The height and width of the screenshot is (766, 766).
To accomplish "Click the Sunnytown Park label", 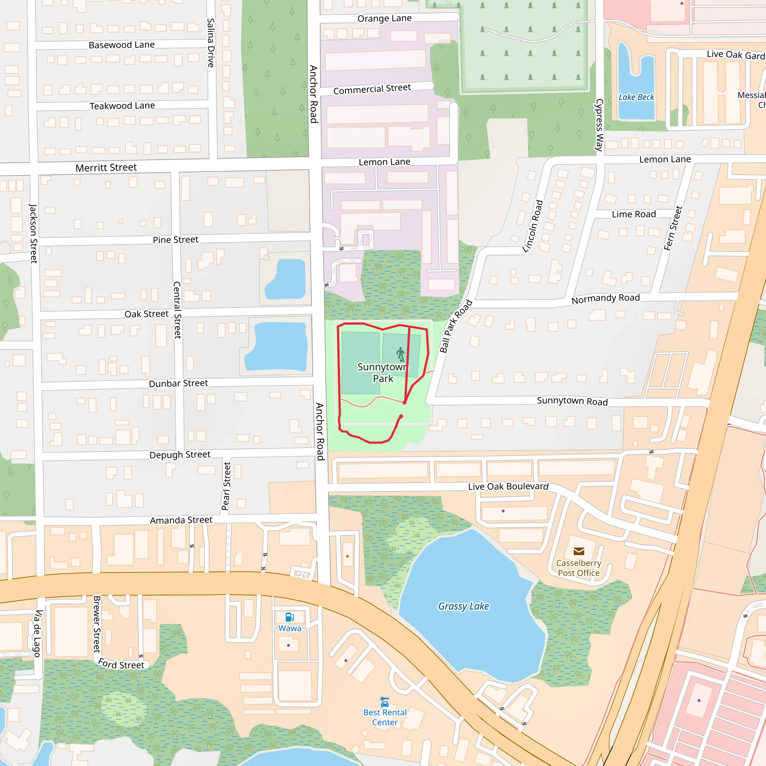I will [382, 372].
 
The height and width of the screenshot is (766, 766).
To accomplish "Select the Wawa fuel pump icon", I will [290, 617].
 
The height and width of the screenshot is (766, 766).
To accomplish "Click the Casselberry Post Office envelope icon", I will [579, 551].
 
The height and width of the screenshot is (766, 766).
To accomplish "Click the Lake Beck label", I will [636, 97].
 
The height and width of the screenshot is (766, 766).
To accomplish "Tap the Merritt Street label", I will [106, 167].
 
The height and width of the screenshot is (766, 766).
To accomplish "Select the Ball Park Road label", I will [456, 326].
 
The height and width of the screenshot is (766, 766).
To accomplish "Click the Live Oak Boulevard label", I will [508, 486].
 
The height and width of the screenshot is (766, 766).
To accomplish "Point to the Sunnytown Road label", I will [572, 401].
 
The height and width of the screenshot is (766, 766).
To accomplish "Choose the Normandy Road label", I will [606, 298].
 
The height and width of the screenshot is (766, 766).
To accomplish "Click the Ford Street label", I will [121, 664].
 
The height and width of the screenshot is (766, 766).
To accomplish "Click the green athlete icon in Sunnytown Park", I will [401, 354].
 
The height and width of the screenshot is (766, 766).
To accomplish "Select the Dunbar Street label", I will [178, 383].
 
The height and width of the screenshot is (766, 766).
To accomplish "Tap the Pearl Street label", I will [226, 486].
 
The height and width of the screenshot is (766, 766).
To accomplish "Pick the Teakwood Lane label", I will [122, 106].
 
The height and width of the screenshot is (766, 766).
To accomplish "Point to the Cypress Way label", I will [599, 125].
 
